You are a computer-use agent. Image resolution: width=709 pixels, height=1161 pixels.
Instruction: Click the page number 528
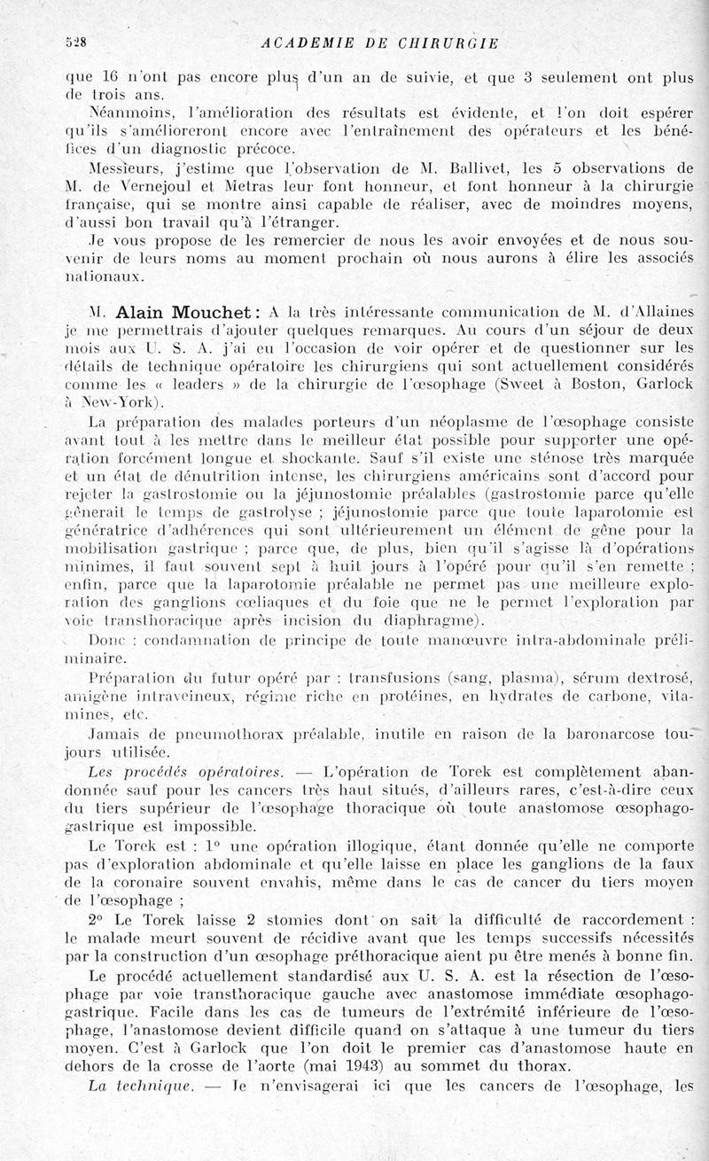click(x=74, y=41)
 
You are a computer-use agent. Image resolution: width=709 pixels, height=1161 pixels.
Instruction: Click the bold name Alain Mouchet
click(x=189, y=313)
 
